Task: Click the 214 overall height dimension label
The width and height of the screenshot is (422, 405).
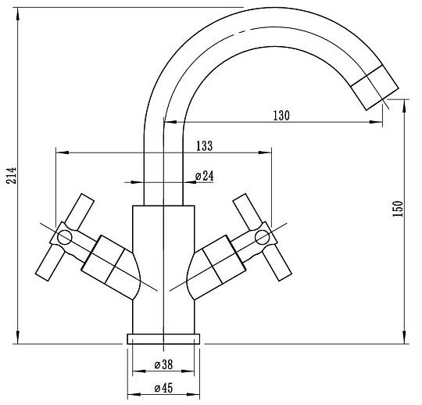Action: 12,176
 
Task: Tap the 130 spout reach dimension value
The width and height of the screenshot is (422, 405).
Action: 281,116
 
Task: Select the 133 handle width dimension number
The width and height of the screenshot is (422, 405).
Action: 204,146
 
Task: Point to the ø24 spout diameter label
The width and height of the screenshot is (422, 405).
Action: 204,176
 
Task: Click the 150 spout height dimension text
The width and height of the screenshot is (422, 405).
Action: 398,209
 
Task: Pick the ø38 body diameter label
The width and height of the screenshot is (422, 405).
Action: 163,364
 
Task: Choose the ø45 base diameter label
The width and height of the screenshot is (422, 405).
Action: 163,388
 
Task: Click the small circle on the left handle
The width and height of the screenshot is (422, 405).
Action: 65,238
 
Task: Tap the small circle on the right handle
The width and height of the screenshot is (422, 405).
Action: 262,238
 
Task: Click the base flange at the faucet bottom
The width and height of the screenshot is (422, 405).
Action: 163,339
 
